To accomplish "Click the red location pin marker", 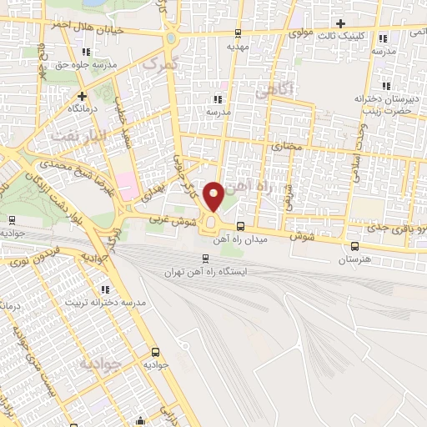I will tap(214, 196).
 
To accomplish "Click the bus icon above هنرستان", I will tap(356, 246).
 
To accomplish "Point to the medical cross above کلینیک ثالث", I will tap(339, 23).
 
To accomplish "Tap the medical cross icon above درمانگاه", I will tap(82, 95).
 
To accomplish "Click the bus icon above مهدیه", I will tap(239, 33).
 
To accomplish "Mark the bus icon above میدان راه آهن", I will tap(240, 226).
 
